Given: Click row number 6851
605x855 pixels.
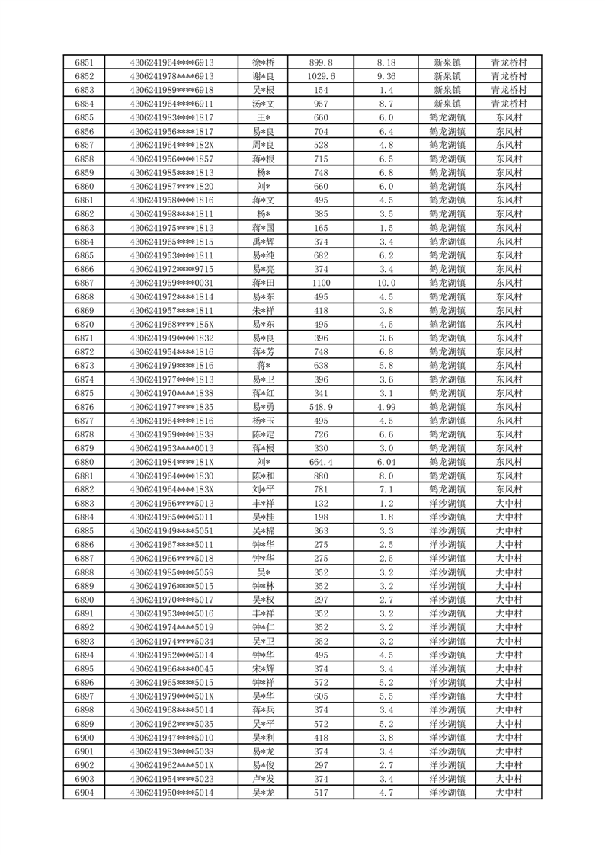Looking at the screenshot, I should (x=85, y=62).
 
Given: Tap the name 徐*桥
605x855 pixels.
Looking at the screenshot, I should (x=264, y=62).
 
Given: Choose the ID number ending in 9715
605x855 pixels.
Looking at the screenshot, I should (x=172, y=269).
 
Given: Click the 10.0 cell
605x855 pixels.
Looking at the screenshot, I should (x=386, y=283).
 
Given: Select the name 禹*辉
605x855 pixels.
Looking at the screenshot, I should (x=264, y=242).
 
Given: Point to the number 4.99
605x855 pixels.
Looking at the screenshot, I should (x=386, y=407).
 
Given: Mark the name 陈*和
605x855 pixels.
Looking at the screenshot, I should (x=264, y=476).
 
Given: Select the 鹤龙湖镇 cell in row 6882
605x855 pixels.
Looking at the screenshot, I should (x=447, y=489).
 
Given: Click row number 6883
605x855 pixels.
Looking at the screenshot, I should (x=85, y=503).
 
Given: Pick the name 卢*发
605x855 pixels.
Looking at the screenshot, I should (x=264, y=779).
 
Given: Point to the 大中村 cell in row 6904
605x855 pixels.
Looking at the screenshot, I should (x=508, y=793).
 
